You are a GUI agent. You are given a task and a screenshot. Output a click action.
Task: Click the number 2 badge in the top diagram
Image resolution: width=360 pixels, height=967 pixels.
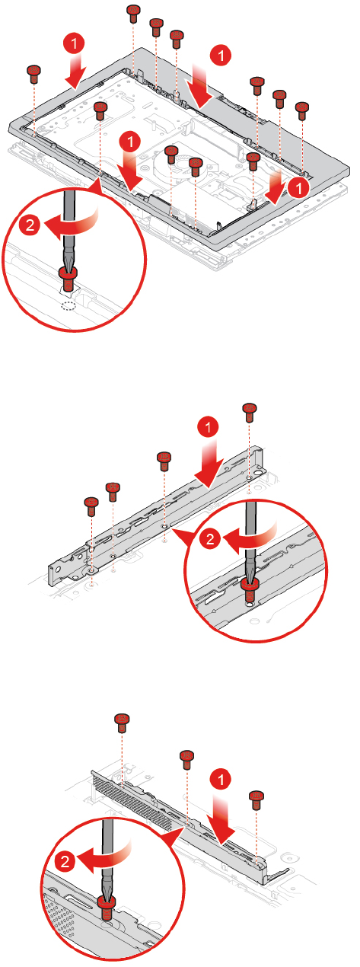coord(30,225)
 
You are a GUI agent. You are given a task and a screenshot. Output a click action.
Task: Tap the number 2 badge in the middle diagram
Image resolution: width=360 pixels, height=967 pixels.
coord(210,539)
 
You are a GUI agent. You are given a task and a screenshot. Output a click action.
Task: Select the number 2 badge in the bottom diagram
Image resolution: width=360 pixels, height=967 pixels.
coord(65,862)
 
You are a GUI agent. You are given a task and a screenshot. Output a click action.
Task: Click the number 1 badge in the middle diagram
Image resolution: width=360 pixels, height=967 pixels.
coord(209,428)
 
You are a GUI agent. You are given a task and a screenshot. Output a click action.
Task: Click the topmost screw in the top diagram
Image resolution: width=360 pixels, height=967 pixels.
coord(134,14)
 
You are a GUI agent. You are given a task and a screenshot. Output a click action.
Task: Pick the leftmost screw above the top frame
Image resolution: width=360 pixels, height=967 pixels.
coord(33,74)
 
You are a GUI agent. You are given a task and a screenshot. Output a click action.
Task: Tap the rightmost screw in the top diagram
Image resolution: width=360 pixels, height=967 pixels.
coord(301,110)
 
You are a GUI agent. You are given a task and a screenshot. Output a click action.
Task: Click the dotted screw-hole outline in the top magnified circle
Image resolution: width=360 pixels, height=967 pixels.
coord(68,306)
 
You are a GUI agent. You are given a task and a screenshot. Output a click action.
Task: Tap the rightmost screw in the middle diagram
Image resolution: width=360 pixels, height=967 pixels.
coord(249,412)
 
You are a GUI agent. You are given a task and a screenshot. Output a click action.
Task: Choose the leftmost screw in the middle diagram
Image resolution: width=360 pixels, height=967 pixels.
coord(91,506)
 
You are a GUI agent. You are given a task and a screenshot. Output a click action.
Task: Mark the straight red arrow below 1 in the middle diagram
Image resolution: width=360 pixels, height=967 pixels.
coord(210,466)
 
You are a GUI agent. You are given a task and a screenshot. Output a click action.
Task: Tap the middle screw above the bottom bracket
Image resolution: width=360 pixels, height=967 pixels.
coord(187,760)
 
